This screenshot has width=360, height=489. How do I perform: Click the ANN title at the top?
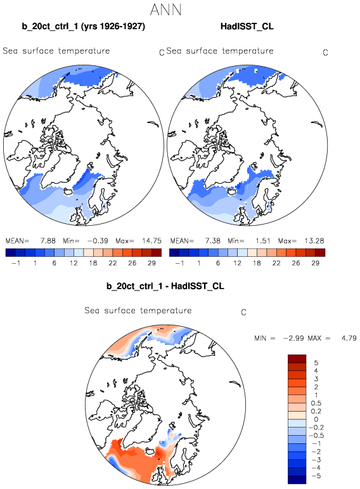tap(165, 10)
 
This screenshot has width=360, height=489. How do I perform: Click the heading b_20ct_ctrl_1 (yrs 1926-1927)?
tap(84, 27)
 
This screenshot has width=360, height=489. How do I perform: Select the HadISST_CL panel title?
tap(247, 27)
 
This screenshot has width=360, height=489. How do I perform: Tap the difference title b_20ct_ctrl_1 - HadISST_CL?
tap(165, 286)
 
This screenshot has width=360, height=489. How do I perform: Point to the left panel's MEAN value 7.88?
tap(48, 241)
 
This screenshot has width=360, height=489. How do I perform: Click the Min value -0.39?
tap(98, 241)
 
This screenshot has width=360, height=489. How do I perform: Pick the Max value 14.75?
tap(151, 241)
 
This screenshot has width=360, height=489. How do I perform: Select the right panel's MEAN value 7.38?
tap(212, 241)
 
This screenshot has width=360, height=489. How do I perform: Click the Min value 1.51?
tap(263, 241)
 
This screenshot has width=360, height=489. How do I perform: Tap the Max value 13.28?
tap(314, 241)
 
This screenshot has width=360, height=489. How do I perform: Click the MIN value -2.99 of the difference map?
tap(293, 338)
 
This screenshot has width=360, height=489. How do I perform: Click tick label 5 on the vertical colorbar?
tap(316, 363)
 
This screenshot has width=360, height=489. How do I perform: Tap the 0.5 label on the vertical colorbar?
tap(316, 403)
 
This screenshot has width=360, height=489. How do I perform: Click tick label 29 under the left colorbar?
tap(151, 263)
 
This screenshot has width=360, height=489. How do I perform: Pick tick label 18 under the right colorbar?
tap(257, 263)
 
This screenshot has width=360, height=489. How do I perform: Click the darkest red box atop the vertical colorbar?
tap(297, 358)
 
